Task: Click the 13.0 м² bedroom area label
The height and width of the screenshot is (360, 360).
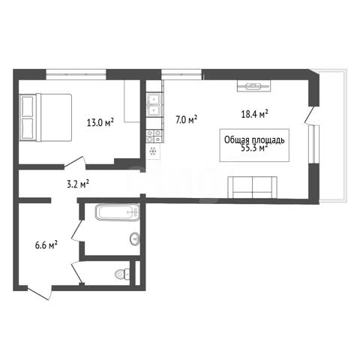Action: pyautogui.click(x=100, y=122)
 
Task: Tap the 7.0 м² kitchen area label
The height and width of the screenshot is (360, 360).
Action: pyautogui.click(x=186, y=119)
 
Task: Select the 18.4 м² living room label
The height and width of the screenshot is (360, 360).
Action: pyautogui.click(x=254, y=114)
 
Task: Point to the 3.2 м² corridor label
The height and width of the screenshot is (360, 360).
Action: pyautogui.click(x=78, y=184)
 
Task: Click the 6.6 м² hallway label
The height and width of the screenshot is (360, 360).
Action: pyautogui.click(x=46, y=245)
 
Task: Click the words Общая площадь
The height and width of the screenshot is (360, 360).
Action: pyautogui.click(x=254, y=140)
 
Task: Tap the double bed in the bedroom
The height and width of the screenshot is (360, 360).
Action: pyautogui.click(x=46, y=117)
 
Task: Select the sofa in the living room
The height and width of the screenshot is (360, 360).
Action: pyautogui.click(x=252, y=187)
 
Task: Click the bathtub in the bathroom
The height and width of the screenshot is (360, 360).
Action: pyautogui.click(x=118, y=212)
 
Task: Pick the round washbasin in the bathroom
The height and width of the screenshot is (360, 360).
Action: pyautogui.click(x=135, y=239)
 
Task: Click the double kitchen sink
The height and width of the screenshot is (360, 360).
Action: pyautogui.click(x=154, y=104)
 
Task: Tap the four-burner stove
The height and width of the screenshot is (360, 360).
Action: pyautogui.click(x=154, y=136)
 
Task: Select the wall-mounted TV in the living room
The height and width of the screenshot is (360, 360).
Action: pyautogui.click(x=254, y=86)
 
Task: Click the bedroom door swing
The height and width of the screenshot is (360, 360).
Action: pyautogui.click(x=75, y=163)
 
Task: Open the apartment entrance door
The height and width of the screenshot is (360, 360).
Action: pyautogui.click(x=40, y=292)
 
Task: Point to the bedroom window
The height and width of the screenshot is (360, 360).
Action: pyautogui.click(x=76, y=74)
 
